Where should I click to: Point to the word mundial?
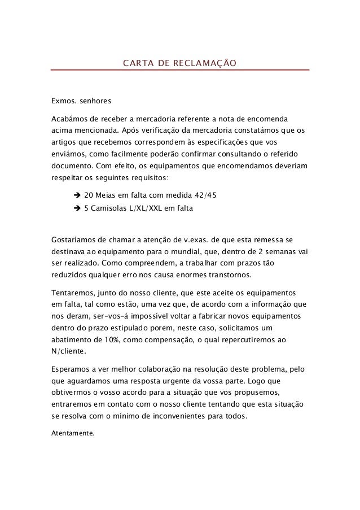208,251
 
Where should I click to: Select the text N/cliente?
68,352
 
